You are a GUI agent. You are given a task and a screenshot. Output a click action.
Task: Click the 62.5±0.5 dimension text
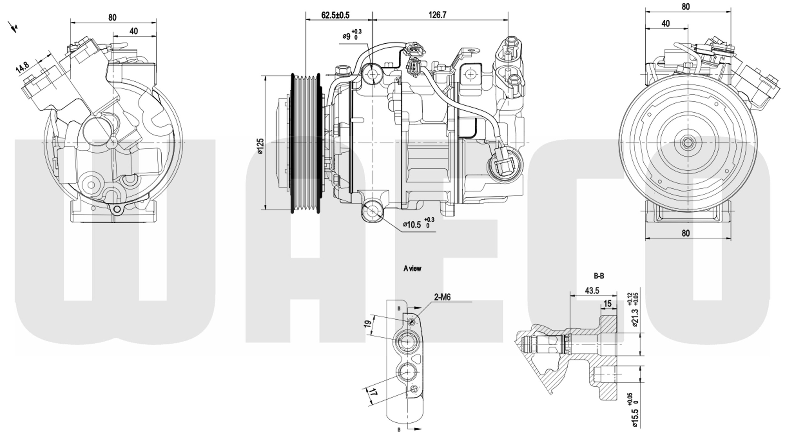[x=335, y=15]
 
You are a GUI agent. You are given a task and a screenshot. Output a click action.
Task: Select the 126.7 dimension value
[x=437, y=15]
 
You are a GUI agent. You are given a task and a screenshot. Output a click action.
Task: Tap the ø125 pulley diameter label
[x=261, y=146]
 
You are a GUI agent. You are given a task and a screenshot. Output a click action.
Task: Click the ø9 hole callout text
[x=346, y=36]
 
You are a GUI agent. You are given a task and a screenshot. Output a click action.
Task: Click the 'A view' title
[x=412, y=268]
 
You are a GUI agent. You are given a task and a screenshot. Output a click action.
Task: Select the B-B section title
[x=599, y=276]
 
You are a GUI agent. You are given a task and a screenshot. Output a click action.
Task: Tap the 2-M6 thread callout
[x=442, y=297]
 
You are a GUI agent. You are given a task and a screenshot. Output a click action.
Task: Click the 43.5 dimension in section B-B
[x=592, y=291]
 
